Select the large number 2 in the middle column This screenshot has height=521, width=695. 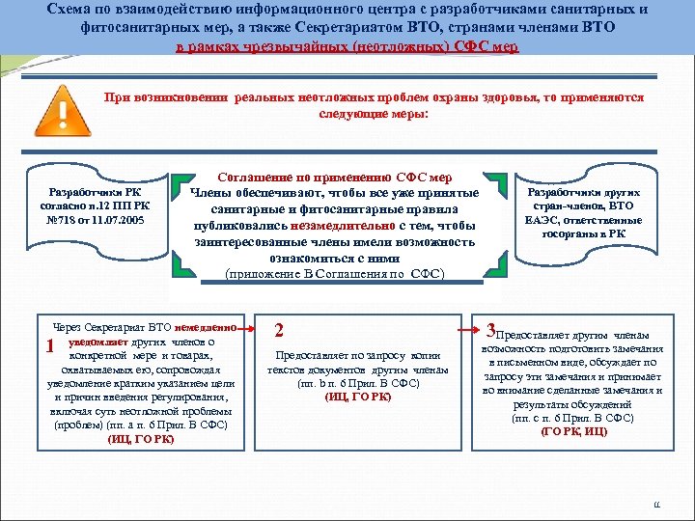coord(279,330)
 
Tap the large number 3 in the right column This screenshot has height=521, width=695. coord(490,328)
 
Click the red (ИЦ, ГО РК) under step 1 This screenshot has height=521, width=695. coord(141,439)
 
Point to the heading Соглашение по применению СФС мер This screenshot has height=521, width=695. coord(336,178)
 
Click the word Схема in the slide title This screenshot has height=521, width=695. coord(70,10)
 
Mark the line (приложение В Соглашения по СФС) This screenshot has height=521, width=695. coord(335,274)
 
